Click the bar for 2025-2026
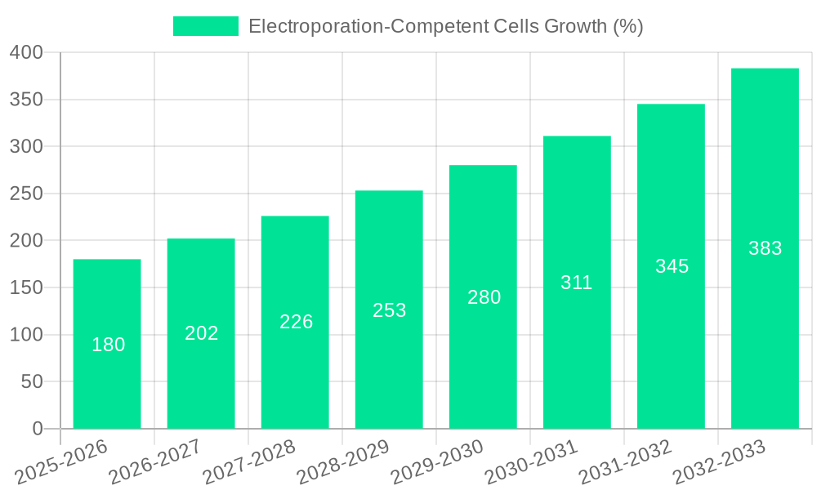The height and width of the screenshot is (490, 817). (107, 344)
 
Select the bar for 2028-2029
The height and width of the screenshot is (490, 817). (389, 310)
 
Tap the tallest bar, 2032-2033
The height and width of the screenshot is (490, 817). (765, 248)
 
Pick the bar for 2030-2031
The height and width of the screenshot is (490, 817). (577, 283)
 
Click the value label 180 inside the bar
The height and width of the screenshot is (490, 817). (109, 345)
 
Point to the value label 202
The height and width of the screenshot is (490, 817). (202, 333)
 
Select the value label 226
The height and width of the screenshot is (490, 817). (296, 322)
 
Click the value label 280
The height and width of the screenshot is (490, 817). (484, 297)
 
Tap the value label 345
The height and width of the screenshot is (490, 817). (672, 266)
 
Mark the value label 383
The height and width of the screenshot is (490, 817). (766, 248)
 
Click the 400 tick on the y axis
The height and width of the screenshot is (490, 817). (26, 53)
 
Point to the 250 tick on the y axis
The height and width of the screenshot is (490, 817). (26, 194)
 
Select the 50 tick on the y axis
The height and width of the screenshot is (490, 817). (31, 382)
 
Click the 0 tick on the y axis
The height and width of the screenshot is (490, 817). (37, 429)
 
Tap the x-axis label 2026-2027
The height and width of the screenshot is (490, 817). (156, 461)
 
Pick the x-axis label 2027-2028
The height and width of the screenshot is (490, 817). (250, 461)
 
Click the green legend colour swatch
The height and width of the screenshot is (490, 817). (205, 26)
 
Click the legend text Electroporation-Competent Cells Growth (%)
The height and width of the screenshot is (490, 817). (445, 26)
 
